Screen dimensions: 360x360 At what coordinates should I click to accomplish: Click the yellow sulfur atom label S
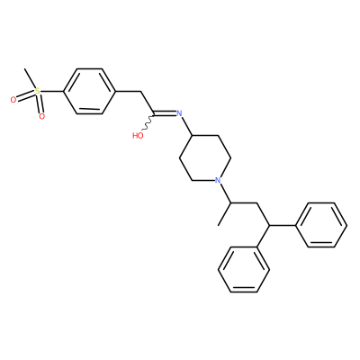37,91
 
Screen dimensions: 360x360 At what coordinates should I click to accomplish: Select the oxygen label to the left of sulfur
13,100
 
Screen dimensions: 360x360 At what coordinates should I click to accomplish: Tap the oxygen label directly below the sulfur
41,116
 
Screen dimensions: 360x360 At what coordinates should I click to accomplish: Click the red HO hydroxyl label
138,136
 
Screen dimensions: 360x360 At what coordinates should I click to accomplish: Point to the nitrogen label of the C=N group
179,113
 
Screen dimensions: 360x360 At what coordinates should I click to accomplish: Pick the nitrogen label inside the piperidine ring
218,180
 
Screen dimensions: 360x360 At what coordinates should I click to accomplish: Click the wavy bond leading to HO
148,123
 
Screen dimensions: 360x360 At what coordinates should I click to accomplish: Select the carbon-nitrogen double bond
165,113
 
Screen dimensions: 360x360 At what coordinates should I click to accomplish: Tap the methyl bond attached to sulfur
30,79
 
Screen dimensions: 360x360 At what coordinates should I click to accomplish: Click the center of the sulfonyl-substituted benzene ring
89,91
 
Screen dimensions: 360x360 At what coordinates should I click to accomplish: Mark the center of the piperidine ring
205,158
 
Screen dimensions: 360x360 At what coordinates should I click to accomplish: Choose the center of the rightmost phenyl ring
321,225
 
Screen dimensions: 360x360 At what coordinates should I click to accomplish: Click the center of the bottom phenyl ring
244,269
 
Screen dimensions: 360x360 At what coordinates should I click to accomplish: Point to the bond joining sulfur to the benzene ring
51,91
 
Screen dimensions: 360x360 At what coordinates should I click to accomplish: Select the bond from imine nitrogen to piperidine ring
187,126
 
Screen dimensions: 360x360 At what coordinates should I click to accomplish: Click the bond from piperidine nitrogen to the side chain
225,193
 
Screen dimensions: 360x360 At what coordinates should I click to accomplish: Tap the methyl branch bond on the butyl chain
225,214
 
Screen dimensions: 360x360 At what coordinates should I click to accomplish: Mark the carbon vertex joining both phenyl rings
269,225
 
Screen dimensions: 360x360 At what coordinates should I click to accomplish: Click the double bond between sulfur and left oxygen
25,95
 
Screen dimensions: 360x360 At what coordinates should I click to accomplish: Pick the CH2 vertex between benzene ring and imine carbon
141,91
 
